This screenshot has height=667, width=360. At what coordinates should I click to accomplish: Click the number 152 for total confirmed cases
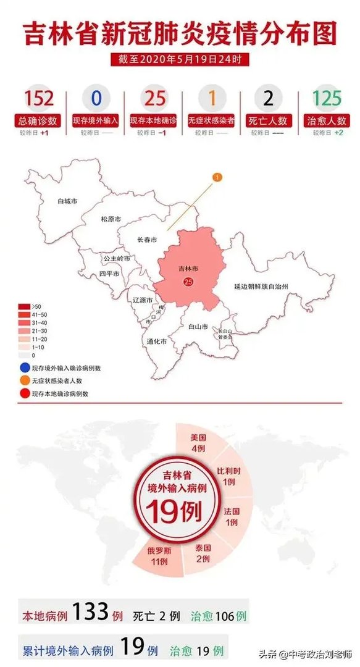pos(39,98)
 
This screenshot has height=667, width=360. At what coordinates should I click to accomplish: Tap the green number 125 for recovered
pos(327,98)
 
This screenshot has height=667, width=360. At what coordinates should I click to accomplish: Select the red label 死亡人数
pos(269,120)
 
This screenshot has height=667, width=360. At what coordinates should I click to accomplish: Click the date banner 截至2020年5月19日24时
pos(180,60)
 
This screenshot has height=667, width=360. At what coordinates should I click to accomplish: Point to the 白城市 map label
pos(67,201)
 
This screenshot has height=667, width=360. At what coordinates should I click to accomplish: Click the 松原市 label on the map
pos(110,219)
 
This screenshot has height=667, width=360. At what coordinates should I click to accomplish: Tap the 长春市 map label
pos(147,240)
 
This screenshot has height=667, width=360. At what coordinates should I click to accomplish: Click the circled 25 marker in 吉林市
pos(188,282)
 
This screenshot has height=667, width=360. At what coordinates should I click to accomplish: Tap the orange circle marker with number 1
pos(217,178)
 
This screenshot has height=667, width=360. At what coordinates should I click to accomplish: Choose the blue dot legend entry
pos(23,368)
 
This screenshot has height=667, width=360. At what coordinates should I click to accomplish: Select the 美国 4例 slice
pos(198,443)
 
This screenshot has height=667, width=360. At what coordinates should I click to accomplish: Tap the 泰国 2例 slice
pos(203,553)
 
